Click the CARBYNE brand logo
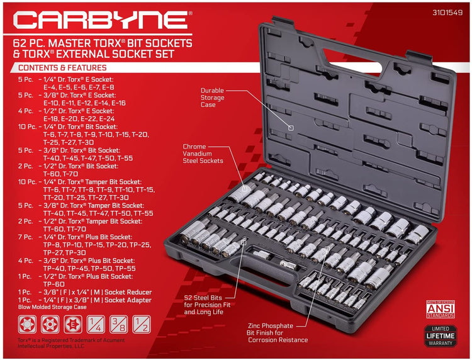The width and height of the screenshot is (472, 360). coord(101,20)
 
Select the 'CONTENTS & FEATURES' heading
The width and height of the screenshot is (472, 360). coord(62,67)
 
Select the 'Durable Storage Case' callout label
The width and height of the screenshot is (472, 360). coord(213,98)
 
